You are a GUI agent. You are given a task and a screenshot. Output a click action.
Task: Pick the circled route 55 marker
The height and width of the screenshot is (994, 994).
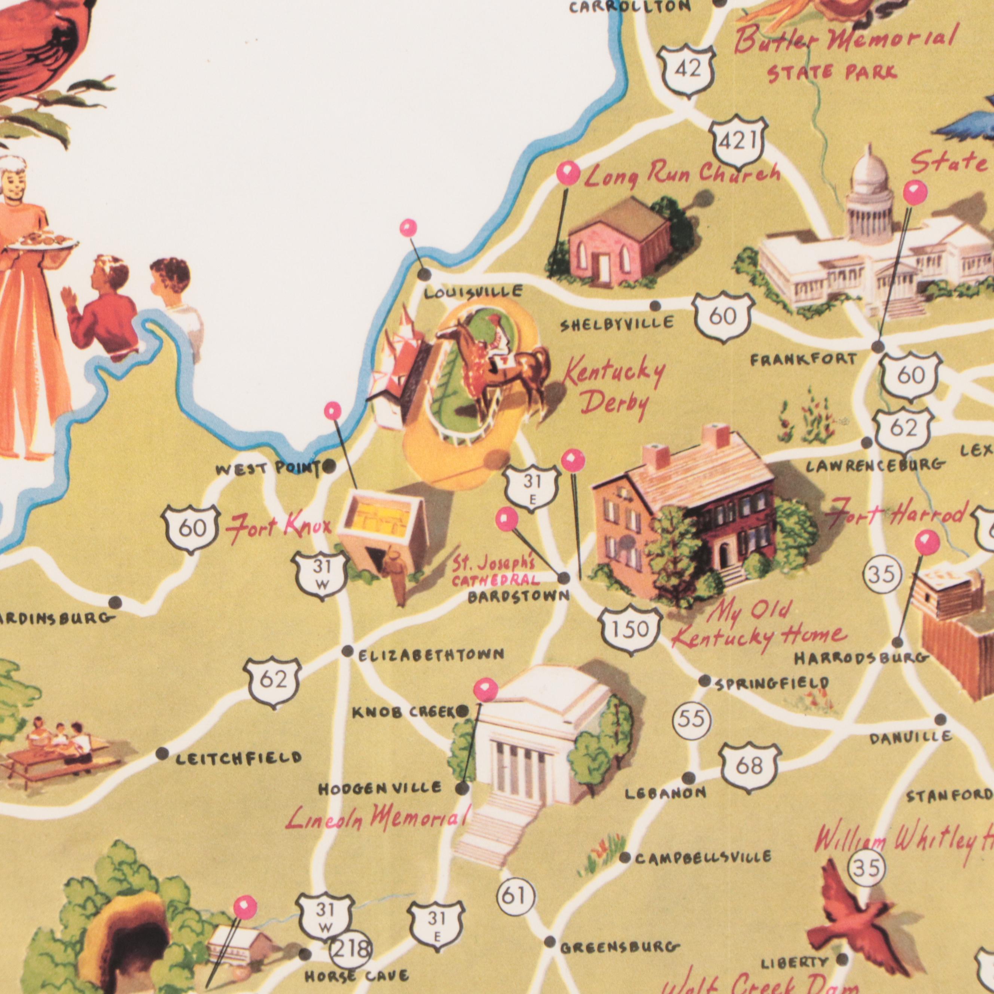tap(692, 720)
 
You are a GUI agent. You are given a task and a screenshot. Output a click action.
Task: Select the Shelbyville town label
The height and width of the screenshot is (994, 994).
tap(616, 324)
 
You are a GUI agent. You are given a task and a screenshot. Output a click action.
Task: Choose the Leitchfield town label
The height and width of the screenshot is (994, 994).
tap(238, 758)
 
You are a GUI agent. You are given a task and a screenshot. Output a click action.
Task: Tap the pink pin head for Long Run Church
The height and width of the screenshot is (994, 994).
tap(568, 173)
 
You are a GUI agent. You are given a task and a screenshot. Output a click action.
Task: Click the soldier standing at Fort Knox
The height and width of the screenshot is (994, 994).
tap(398, 575)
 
